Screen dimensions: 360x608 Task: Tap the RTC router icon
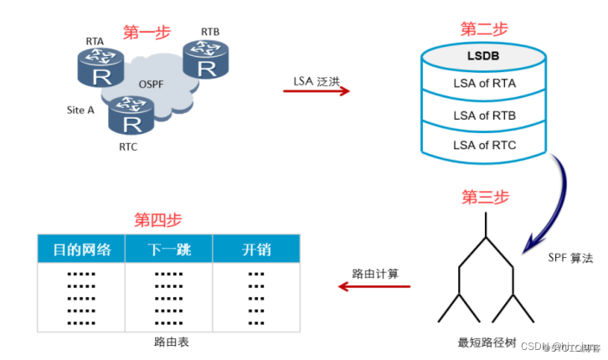click(131, 116)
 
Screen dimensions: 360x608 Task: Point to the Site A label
click(80, 110)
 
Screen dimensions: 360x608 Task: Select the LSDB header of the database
click(483, 57)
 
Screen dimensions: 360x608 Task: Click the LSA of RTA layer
click(483, 84)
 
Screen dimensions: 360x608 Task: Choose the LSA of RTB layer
click(483, 115)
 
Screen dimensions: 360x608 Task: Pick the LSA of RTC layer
click(483, 145)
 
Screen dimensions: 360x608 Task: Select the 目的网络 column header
click(81, 249)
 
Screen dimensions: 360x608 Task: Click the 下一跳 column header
click(168, 249)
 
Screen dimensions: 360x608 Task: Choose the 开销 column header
click(255, 249)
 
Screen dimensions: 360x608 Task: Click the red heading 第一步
click(147, 33)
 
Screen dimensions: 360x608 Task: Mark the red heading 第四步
click(157, 220)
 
